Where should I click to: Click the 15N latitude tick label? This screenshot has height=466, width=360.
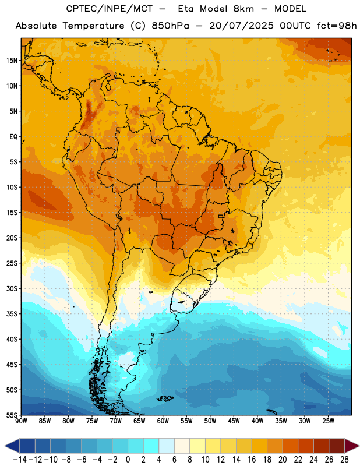(x=12, y=61)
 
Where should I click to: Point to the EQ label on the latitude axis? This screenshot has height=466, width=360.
(x=13, y=137)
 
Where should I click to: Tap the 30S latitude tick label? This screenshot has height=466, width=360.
(x=12, y=288)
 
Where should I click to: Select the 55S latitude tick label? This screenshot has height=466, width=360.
(x=12, y=415)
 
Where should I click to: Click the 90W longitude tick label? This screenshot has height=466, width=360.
(x=21, y=421)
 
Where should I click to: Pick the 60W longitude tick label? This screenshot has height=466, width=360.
(x=163, y=421)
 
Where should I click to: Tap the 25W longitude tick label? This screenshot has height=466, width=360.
(x=328, y=421)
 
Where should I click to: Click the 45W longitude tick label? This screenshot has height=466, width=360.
(x=234, y=421)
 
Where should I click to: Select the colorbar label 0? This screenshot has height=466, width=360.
(x=128, y=460)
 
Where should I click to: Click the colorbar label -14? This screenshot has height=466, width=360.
(x=20, y=460)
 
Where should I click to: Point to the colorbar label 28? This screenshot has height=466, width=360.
(x=344, y=460)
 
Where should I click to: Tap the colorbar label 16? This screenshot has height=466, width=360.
(x=252, y=460)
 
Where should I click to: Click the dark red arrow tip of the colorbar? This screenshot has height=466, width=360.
(x=352, y=446)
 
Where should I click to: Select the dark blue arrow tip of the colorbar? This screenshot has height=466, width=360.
(x=12, y=446)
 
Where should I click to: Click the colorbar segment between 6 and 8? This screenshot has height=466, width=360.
(x=182, y=446)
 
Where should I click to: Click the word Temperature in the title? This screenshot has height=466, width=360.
(x=93, y=26)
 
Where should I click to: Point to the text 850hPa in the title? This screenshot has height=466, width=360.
(x=170, y=26)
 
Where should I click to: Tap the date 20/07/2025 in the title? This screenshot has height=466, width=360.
(x=241, y=26)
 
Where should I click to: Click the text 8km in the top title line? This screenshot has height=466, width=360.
(x=243, y=9)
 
